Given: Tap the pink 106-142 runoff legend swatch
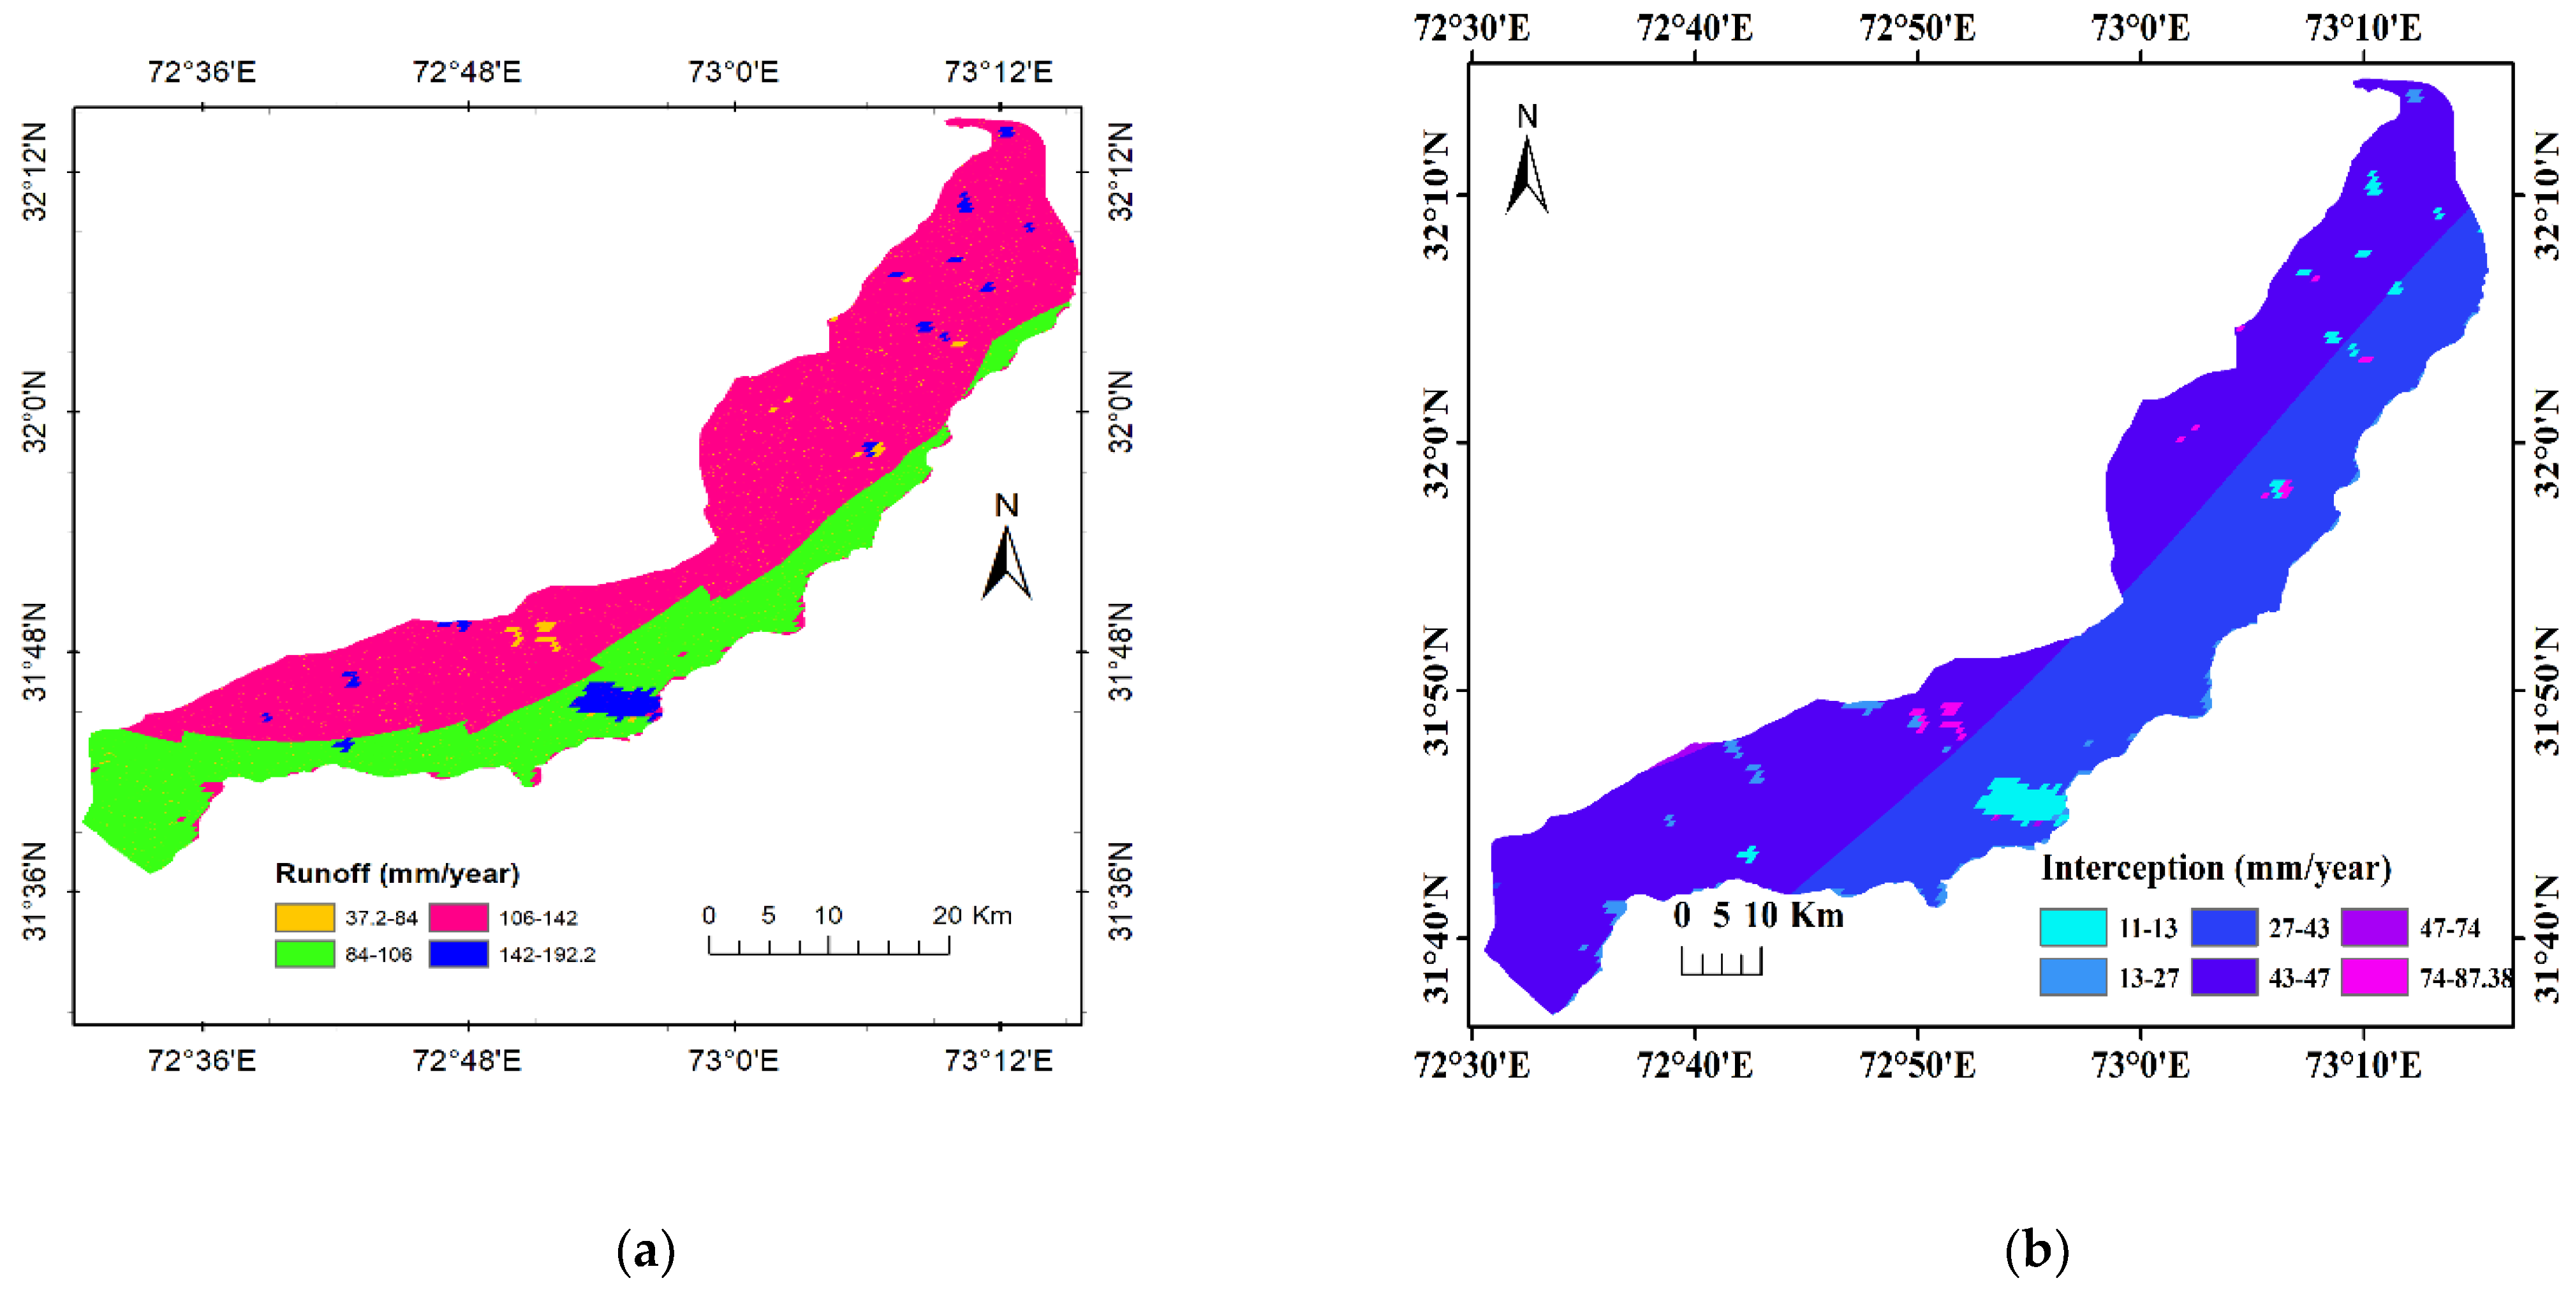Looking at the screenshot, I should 459,917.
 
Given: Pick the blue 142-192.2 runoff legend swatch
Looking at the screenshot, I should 459,954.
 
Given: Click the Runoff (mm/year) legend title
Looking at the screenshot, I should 397,873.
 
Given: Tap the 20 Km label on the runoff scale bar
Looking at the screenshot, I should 971,915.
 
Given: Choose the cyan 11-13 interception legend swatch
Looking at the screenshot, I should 2072,927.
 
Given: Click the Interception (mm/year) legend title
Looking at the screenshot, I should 2215,868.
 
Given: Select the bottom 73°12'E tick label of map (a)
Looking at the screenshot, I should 999,1060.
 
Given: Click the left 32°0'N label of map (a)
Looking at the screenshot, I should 36,411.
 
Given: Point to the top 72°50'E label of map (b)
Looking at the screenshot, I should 1917,28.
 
